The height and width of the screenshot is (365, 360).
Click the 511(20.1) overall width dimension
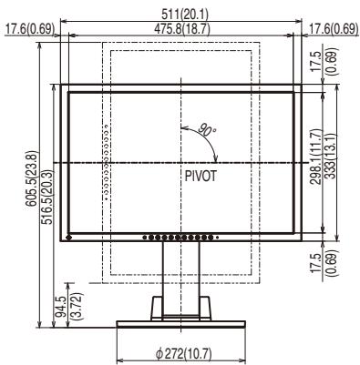point(180,15)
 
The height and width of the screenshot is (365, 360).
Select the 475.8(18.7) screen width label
point(182,29)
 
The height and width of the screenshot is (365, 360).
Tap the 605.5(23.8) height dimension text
point(32,179)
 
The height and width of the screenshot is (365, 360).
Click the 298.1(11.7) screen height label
point(317,157)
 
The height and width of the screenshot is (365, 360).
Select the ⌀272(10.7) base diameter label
point(183,354)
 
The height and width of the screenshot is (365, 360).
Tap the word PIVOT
point(201,176)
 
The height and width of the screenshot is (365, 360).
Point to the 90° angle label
point(207,130)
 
